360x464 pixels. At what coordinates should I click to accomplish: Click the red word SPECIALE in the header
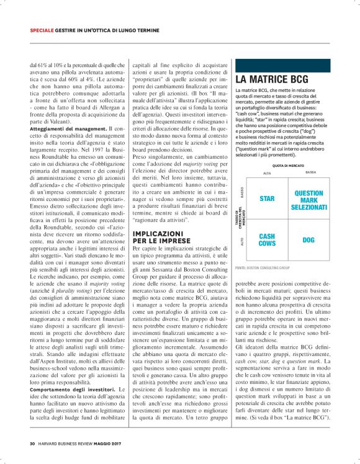click(45, 30)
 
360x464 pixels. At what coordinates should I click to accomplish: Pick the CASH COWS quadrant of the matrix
click(268, 239)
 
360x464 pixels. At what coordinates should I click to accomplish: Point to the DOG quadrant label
click(308, 239)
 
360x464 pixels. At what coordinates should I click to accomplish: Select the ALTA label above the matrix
click(268, 173)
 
